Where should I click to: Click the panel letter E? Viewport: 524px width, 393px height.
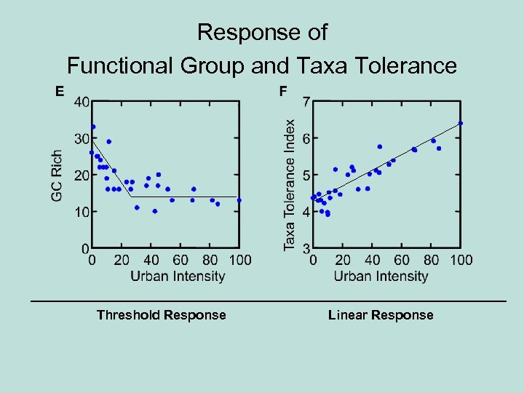pos(60,91)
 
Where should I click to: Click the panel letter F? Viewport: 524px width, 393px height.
pos(283,91)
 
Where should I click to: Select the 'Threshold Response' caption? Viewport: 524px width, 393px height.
pos(162,315)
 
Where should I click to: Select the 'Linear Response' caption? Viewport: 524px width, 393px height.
pos(381,315)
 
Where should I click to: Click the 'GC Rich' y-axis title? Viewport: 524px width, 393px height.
pos(57,176)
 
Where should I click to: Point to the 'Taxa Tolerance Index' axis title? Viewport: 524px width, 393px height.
pos(290,185)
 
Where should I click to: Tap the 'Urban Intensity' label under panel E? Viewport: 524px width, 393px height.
pos(178,276)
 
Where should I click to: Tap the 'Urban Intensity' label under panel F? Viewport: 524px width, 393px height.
pos(381,276)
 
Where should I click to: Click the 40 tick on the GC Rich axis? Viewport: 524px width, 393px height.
pos(82,102)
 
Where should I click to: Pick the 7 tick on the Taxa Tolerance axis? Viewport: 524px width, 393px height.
pos(307,101)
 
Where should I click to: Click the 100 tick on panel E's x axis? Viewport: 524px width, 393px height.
pos(240,260)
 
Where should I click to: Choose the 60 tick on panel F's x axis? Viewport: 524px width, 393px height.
pos(402,260)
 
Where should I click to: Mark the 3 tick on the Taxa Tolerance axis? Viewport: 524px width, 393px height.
pos(307,250)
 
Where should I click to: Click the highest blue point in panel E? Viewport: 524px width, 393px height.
pos(93,127)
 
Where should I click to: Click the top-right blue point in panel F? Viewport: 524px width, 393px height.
pos(461,123)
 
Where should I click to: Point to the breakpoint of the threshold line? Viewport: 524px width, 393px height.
pos(132,196)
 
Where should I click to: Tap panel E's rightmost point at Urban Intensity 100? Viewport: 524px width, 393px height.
pos(239,200)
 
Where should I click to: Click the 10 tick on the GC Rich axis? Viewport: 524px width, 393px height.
pos(82,212)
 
